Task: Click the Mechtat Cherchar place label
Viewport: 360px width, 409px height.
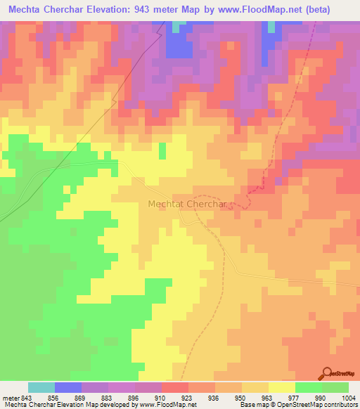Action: pos(186,204)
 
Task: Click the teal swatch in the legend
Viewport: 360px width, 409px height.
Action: pos(41,387)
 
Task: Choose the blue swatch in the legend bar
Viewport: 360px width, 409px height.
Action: pos(68,387)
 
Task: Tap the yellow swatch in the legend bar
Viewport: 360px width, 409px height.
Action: pos(282,387)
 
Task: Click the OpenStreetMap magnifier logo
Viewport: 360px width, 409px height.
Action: pos(327,372)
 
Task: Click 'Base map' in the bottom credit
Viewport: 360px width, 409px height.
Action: pos(252,405)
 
